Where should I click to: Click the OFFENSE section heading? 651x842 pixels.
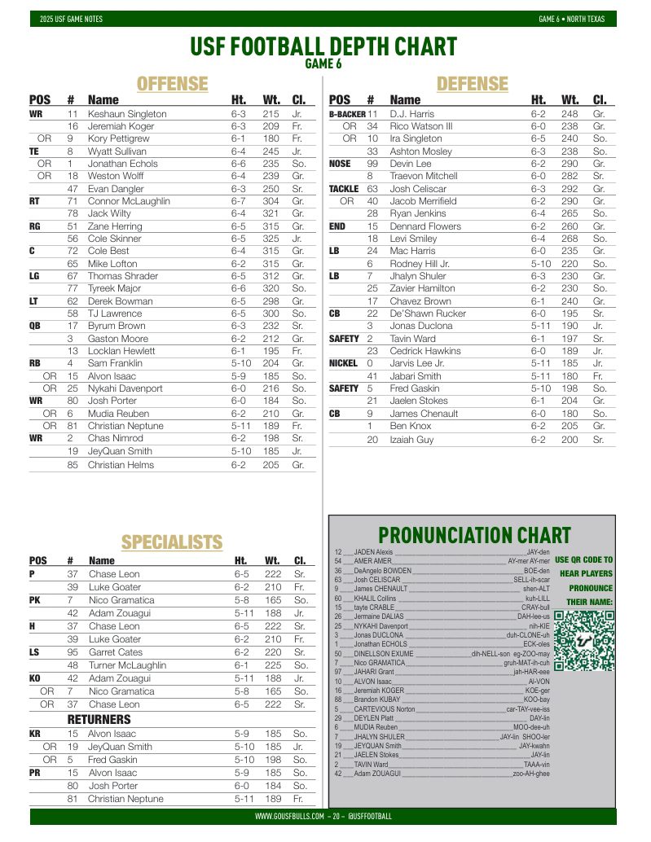(x=172, y=84)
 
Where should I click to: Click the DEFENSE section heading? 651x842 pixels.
(x=473, y=84)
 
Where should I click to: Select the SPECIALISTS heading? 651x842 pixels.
(x=172, y=542)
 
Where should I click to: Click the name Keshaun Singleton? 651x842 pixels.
(x=126, y=114)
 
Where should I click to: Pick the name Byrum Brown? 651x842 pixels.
(x=117, y=326)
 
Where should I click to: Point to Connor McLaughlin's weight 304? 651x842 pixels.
(x=271, y=201)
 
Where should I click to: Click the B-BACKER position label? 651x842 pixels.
(x=346, y=114)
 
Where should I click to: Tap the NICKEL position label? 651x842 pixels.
(x=343, y=363)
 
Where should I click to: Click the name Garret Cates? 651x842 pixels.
(x=116, y=652)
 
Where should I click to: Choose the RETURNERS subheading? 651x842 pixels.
(x=99, y=720)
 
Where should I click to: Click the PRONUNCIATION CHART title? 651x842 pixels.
(x=474, y=535)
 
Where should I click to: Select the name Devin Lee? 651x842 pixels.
(x=411, y=164)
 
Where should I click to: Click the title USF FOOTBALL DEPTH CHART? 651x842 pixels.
(x=323, y=46)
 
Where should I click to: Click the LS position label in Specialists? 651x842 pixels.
(x=34, y=652)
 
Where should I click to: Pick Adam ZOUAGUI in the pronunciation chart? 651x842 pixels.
(x=377, y=773)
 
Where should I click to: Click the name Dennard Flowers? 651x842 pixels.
(x=424, y=226)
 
